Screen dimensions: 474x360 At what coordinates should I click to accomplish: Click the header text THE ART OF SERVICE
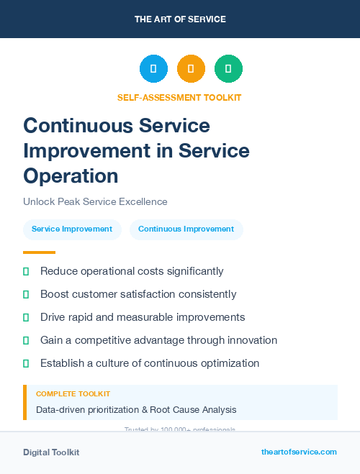[180, 19]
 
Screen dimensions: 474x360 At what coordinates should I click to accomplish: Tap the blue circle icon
[153, 68]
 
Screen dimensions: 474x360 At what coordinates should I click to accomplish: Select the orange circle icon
[191, 68]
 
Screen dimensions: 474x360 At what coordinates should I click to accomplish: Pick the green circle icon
[228, 68]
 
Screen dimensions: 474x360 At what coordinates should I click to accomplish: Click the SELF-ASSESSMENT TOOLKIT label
[179, 97]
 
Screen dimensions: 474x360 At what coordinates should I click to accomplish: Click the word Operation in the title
[71, 176]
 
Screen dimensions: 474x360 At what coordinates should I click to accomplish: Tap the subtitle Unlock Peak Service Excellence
[95, 202]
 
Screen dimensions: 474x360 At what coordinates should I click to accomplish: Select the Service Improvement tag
[72, 229]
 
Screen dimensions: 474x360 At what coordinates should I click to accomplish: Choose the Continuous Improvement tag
[186, 229]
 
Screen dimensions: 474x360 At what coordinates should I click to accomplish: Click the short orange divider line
[39, 252]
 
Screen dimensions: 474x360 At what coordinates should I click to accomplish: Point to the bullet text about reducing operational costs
[132, 271]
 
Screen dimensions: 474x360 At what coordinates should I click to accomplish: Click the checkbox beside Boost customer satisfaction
[26, 294]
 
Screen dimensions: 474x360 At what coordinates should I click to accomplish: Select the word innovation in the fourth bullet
[250, 340]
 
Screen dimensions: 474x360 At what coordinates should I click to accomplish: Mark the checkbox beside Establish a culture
[26, 363]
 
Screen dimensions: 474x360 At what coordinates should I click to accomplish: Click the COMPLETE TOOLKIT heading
[73, 394]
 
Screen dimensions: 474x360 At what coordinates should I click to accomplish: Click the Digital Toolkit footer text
[51, 452]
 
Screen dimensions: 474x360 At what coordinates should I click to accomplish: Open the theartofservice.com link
[299, 452]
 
